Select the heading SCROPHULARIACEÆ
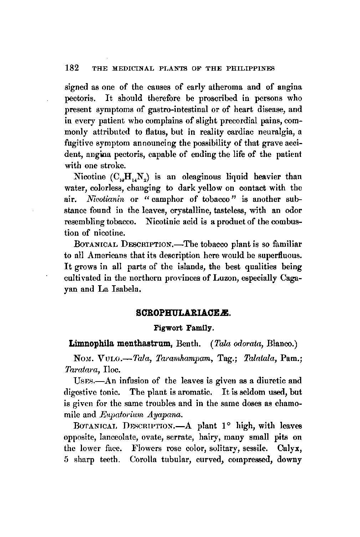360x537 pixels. [184, 314]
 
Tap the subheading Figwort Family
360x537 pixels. [184, 327]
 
